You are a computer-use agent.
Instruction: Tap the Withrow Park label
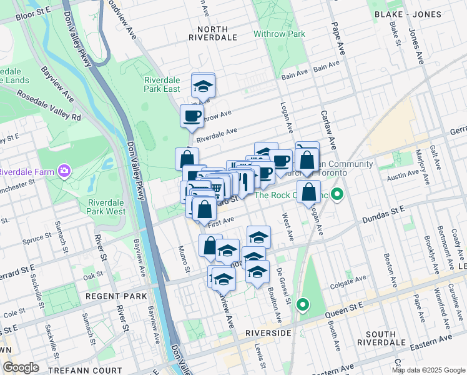point(278,34)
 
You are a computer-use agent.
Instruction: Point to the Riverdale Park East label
point(162,84)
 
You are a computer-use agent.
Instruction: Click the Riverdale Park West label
point(107,207)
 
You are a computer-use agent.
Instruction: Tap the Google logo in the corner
point(21,367)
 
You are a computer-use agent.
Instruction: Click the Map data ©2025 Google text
point(428,370)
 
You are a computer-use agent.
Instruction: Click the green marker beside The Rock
point(338,195)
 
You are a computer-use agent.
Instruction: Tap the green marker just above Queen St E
point(303,305)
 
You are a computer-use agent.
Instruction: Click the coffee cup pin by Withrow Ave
point(192,116)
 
